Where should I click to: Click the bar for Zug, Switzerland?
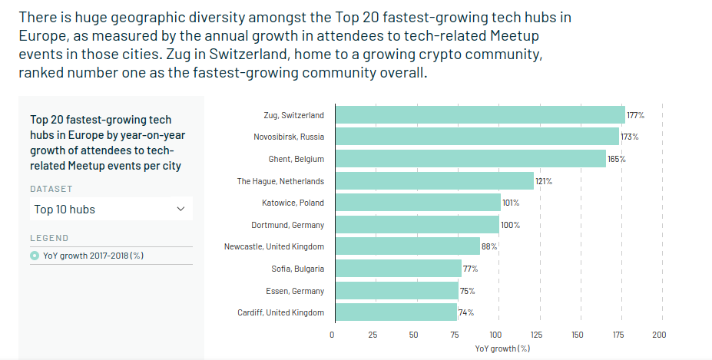point(480,115)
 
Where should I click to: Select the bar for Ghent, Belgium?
point(471,159)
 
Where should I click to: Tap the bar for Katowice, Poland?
point(419,203)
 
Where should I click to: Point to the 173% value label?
point(630,137)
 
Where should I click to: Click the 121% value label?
point(544,181)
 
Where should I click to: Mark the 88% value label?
point(489,247)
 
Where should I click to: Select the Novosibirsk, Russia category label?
point(289,137)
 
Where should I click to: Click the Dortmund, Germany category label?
point(288,225)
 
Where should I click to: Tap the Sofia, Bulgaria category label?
point(299,269)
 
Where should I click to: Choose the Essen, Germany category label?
point(296,291)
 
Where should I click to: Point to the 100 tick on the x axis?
point(495,335)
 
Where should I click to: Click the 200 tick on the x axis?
point(659,335)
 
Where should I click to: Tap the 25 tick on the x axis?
point(373,335)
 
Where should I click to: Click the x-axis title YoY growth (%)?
point(503,348)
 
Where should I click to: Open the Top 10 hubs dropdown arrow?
point(181,209)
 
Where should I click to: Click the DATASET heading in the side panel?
point(51,189)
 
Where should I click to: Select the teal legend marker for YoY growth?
point(35,256)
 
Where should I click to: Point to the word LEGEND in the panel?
point(49,238)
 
